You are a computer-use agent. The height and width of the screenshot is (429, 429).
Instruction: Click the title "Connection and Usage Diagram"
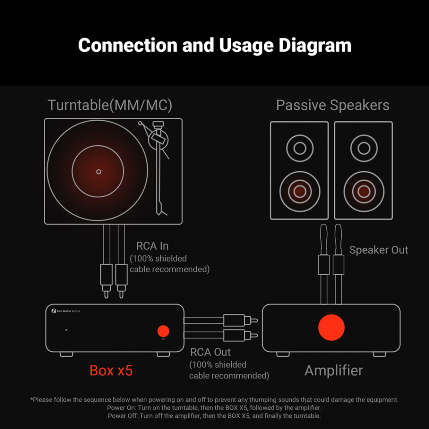[x=214, y=46]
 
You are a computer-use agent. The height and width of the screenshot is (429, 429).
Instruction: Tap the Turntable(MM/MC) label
[x=110, y=105]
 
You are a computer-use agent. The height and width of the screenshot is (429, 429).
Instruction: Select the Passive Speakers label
[x=332, y=105]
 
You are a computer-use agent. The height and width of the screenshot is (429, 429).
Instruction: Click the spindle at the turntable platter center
[x=99, y=172]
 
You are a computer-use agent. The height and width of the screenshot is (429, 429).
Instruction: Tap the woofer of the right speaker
[x=364, y=191]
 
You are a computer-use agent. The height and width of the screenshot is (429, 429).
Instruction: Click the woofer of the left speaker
[x=299, y=191]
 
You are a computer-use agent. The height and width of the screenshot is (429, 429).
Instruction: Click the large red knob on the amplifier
[x=331, y=327]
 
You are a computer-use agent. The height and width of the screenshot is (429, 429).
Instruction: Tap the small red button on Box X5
[x=163, y=331]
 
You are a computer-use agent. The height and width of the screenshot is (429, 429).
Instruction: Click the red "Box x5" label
[x=111, y=370]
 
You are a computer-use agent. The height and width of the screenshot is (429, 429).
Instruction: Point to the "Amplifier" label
[x=333, y=370]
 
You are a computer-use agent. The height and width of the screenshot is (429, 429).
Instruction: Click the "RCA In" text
[x=152, y=246]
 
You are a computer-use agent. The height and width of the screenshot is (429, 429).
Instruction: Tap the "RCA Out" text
[x=210, y=352]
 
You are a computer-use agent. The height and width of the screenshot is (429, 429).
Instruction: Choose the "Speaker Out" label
[x=378, y=250]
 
